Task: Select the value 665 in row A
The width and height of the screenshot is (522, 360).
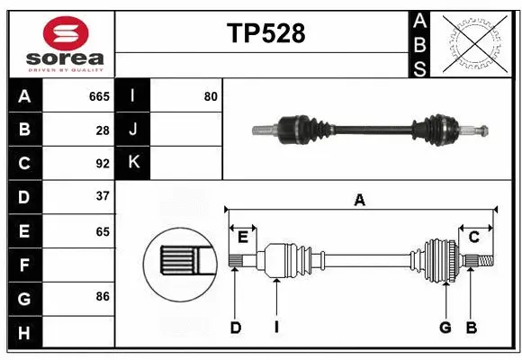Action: tap(99, 96)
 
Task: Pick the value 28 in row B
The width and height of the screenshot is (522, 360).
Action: tap(103, 130)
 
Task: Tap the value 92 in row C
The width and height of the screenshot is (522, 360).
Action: tap(103, 164)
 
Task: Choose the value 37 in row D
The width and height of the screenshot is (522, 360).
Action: tap(103, 196)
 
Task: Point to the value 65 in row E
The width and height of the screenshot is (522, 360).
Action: tap(103, 231)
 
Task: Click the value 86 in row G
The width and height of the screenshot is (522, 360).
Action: tap(103, 295)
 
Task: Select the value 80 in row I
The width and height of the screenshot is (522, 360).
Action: tap(211, 96)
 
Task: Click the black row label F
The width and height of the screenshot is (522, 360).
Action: tap(23, 265)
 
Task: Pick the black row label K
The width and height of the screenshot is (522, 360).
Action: tap(133, 163)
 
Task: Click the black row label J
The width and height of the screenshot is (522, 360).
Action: tap(133, 130)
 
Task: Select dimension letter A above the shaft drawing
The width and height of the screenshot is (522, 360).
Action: tap(360, 201)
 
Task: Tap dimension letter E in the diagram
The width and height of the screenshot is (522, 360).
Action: tap(243, 237)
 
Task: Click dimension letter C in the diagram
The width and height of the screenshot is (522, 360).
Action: tap(473, 237)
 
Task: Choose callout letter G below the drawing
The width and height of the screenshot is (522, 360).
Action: tap(445, 328)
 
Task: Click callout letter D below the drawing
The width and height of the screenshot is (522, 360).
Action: tap(235, 328)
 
